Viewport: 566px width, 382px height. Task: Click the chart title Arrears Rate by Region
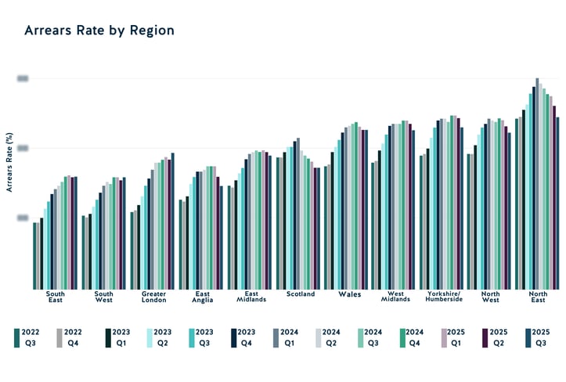(99, 31)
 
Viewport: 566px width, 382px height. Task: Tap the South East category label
(55, 297)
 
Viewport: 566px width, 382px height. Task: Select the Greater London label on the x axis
(153, 297)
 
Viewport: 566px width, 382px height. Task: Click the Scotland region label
(301, 294)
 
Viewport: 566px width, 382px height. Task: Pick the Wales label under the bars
(349, 294)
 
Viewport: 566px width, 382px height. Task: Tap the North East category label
(538, 297)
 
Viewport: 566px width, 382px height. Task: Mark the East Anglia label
(201, 297)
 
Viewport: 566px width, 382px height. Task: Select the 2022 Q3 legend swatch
(17, 337)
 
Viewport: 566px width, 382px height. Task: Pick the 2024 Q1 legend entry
(278, 337)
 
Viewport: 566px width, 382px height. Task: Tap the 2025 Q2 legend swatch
(485, 337)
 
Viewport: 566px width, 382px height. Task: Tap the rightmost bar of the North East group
(557, 203)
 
